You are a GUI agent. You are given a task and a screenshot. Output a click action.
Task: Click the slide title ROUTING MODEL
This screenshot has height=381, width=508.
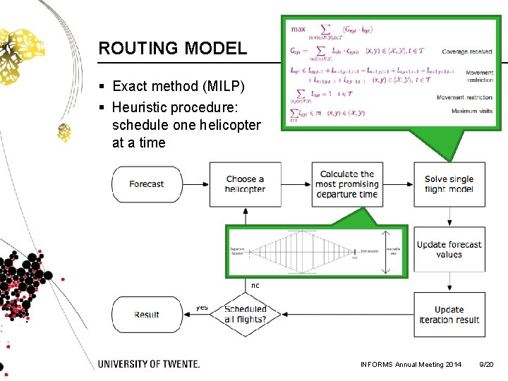point(173,49)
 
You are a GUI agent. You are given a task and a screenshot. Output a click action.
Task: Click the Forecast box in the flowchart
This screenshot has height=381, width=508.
point(147,184)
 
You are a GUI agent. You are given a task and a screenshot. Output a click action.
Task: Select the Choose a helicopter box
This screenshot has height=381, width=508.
point(245,184)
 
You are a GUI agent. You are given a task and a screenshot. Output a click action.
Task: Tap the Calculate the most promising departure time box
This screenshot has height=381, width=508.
point(346,184)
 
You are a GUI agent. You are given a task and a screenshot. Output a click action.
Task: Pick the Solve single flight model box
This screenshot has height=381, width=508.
point(449,184)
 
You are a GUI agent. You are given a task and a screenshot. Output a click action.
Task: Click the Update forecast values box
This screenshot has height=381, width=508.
point(449,250)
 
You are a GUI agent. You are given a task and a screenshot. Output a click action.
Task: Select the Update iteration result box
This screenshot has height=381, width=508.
point(449,315)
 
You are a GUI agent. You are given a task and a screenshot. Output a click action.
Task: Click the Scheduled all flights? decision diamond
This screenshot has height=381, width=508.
point(245,314)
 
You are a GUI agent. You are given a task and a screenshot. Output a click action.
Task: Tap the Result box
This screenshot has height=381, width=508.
point(147,315)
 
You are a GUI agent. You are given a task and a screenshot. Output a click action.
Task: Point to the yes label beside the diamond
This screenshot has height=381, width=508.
point(202,308)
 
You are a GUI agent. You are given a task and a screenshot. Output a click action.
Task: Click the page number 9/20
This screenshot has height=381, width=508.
point(486,364)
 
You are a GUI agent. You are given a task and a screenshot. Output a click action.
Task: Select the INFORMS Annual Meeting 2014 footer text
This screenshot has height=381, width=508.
point(411,364)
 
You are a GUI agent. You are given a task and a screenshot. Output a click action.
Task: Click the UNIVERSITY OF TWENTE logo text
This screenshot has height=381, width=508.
point(149,364)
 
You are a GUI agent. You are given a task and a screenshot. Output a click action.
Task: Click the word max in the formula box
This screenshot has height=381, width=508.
point(298,30)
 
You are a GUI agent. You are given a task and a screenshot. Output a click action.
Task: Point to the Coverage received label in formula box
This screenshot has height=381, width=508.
point(467,52)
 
